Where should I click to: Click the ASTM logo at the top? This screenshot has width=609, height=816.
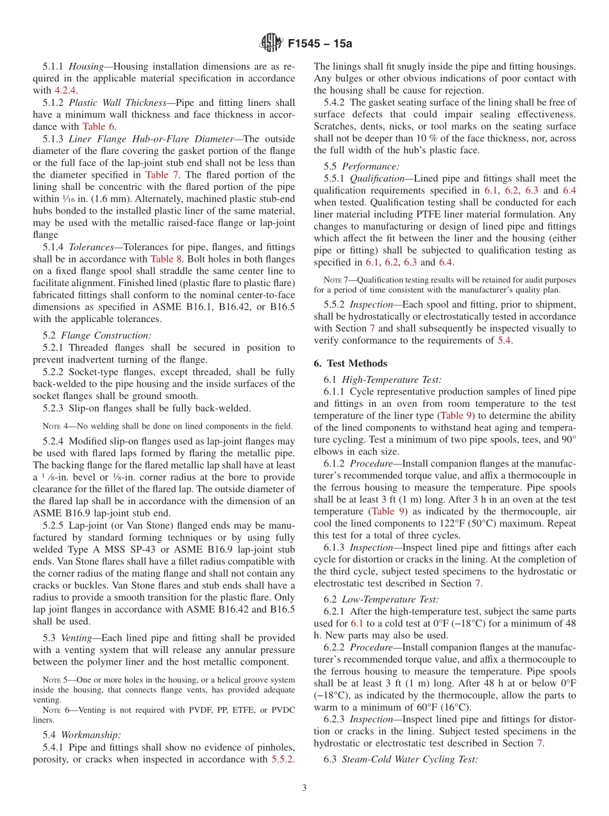[271, 44]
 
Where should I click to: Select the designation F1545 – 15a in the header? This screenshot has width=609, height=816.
[320, 44]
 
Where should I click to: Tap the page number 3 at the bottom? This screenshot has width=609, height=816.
[304, 788]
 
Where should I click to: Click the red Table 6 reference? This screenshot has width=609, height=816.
[99, 126]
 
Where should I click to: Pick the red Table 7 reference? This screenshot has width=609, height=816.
[157, 174]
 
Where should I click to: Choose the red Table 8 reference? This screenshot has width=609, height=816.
[166, 259]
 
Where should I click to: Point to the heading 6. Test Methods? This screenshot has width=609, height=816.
[350, 363]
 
